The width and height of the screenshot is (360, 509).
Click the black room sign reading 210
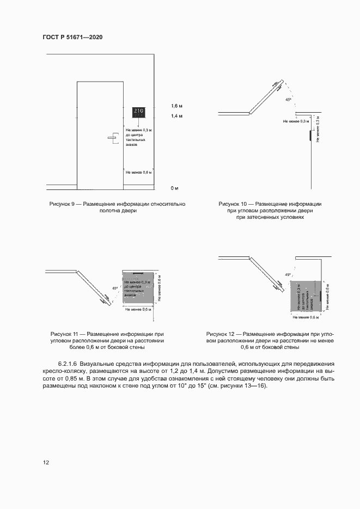point(138,113)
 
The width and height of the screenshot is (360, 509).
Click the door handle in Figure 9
point(113,137)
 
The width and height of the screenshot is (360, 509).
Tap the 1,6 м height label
point(176,105)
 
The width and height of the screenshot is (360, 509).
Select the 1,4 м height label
point(176,116)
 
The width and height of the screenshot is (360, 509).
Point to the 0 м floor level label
point(174,188)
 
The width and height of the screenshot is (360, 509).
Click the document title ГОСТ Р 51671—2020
point(72,37)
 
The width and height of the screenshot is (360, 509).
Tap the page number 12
point(46,462)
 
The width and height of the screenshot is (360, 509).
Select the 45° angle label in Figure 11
point(114,288)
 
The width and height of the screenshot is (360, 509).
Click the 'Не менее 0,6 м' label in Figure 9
point(138,172)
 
